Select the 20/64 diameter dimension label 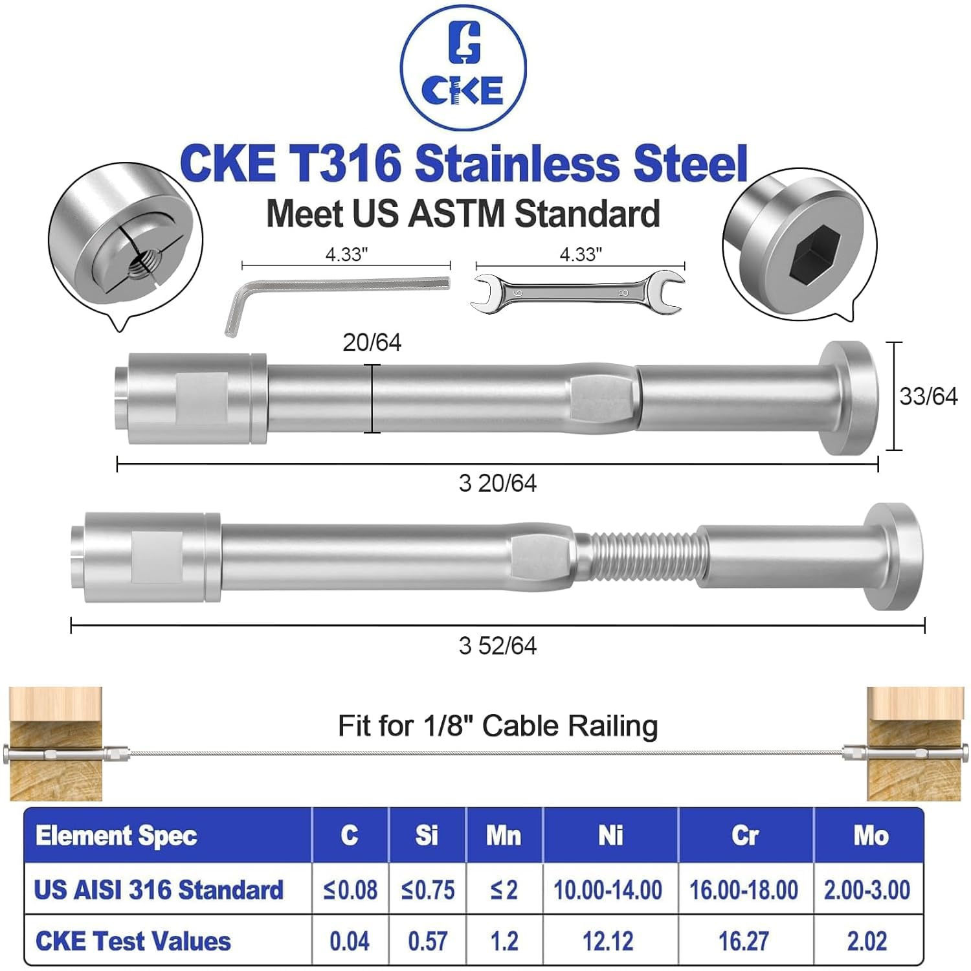coord(372,342)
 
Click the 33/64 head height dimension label coord(928,396)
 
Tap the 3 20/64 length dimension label coord(497,484)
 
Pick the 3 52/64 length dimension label coord(497,646)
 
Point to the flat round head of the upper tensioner coord(849,397)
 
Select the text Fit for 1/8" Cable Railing coord(497,726)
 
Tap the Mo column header coord(870,836)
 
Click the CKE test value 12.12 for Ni coord(608,941)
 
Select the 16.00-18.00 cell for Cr coord(744,890)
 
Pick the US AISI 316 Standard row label coord(159,890)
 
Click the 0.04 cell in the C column coord(350,941)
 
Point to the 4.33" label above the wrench coord(581,254)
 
